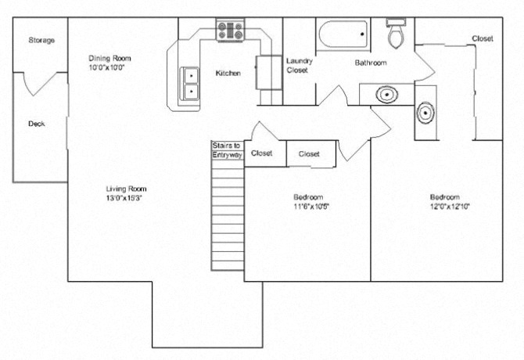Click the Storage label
[x=41, y=40]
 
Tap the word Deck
[x=36, y=124]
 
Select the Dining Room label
[x=109, y=58]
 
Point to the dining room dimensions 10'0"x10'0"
[x=107, y=68]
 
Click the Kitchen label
[x=228, y=73]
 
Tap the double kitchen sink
[x=190, y=83]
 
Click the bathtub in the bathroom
[x=343, y=36]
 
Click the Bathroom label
[x=370, y=63]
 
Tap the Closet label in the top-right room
[x=482, y=38]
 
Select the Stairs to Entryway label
[x=228, y=150]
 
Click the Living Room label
[x=126, y=189]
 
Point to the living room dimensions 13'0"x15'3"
[x=126, y=199]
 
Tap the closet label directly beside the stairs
[x=262, y=153]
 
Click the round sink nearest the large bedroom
[x=424, y=113]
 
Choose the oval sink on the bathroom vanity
[x=386, y=95]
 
